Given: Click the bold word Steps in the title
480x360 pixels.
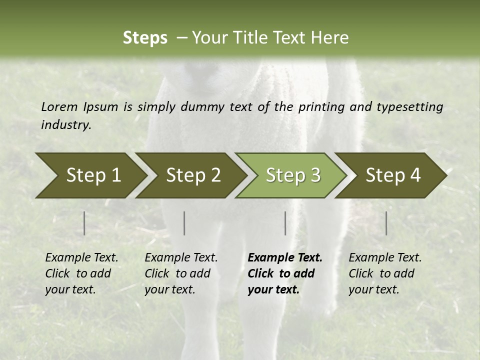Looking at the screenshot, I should [145, 37].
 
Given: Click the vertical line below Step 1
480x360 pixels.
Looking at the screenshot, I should [84, 223].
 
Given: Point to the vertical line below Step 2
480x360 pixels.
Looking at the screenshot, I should [184, 223].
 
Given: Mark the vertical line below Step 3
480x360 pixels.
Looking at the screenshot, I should [285, 223].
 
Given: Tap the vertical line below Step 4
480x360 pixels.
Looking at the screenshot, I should [386, 223].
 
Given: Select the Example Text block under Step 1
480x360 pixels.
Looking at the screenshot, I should [81, 273].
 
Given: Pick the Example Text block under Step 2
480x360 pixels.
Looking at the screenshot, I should [181, 273].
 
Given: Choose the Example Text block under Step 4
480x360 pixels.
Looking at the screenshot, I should [385, 273].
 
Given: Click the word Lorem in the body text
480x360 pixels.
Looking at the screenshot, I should [59, 106].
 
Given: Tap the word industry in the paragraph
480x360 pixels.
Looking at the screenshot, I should [66, 124].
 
